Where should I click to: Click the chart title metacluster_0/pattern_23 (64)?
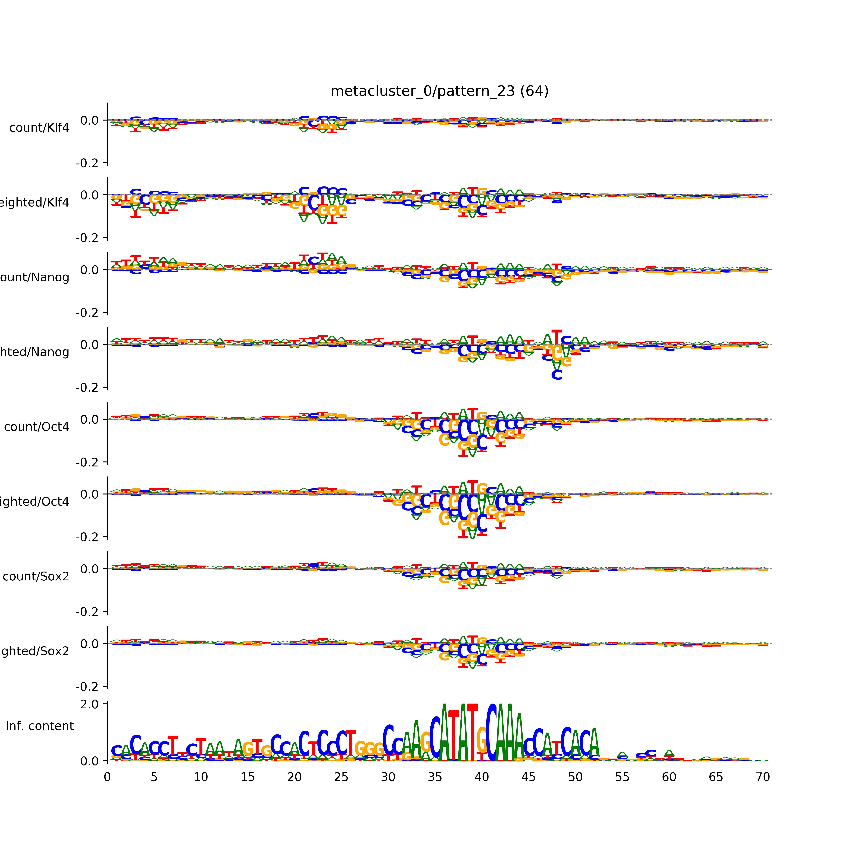(x=439, y=91)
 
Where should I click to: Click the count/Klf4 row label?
(x=39, y=128)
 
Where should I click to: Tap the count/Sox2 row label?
(x=36, y=576)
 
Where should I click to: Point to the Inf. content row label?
(x=39, y=726)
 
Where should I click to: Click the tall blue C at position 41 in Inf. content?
(x=491, y=733)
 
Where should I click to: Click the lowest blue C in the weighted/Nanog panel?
(x=556, y=375)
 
